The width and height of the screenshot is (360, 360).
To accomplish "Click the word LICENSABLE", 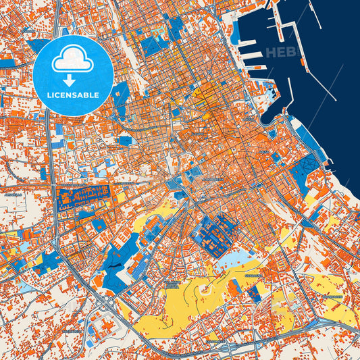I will tap(73, 95).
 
